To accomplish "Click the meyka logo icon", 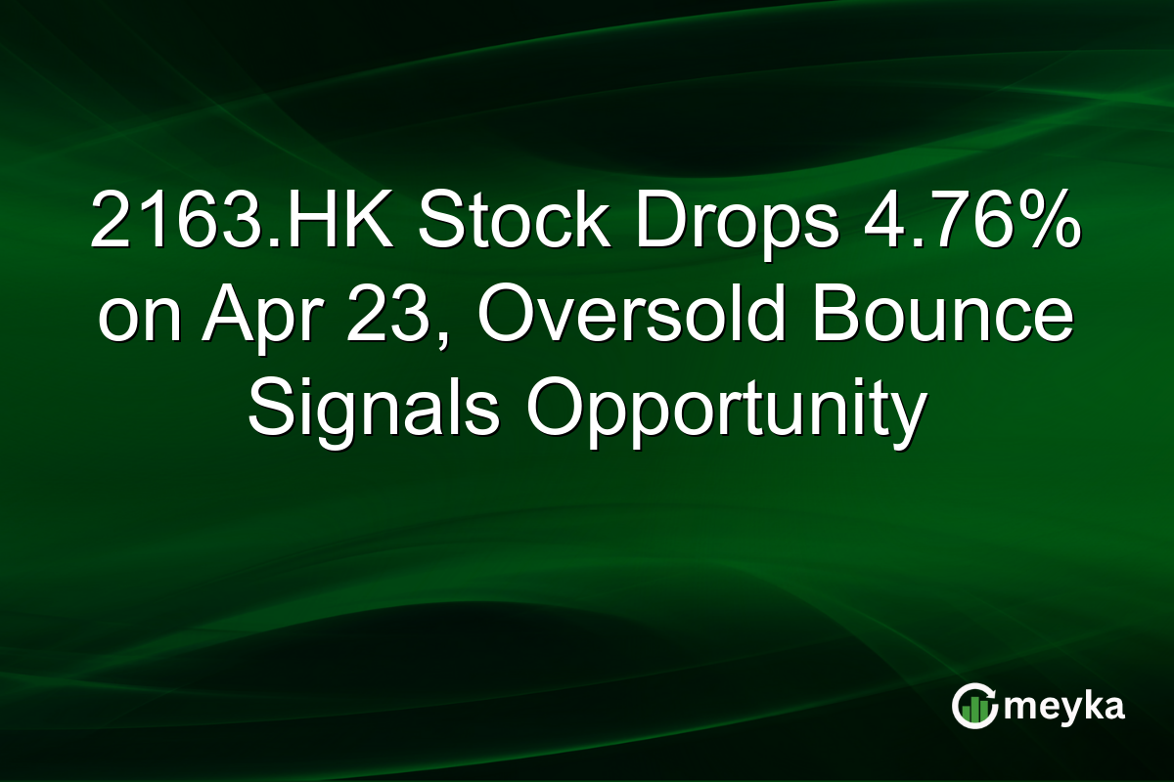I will click(974, 707).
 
